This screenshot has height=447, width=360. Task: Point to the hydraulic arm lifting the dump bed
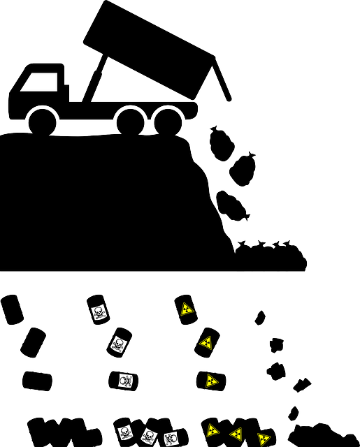(98, 77)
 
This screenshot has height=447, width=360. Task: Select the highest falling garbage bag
(222, 142)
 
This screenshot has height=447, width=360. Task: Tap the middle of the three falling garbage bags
(243, 170)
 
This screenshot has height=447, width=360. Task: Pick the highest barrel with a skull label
(98, 309)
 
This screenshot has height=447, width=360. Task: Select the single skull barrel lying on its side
(124, 381)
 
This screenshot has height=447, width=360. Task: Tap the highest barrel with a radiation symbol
(186, 309)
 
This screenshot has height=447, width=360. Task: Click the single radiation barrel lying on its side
(210, 381)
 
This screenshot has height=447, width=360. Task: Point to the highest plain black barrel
(12, 309)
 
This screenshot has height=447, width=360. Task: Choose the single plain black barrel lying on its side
(37, 381)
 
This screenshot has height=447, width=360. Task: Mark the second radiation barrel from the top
(206, 342)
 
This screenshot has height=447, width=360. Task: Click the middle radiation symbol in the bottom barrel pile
(236, 434)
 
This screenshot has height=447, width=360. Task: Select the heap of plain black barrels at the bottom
(63, 432)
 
